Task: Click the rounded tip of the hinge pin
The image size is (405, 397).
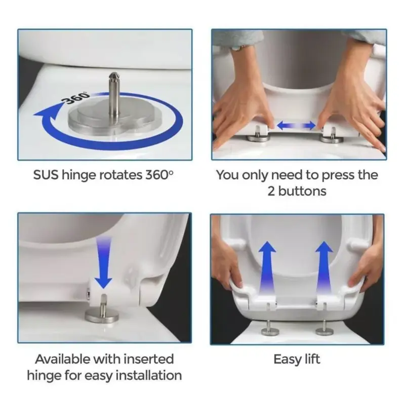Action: click(x=113, y=76)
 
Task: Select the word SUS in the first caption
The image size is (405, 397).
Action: click(x=46, y=175)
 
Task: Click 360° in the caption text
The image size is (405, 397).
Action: click(x=159, y=175)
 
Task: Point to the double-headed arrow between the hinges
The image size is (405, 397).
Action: click(x=296, y=126)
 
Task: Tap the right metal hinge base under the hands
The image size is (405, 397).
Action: click(x=332, y=138)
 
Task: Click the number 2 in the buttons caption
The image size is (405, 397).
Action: click(x=271, y=191)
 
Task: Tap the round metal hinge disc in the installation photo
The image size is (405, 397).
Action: click(x=102, y=315)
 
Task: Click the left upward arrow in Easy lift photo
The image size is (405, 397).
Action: click(x=267, y=268)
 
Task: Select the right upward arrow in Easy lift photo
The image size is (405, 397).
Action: click(x=324, y=268)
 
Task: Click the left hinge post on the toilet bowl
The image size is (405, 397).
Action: click(x=268, y=329)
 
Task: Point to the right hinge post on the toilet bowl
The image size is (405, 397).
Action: click(x=325, y=329)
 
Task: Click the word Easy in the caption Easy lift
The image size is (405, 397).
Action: click(x=287, y=360)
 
